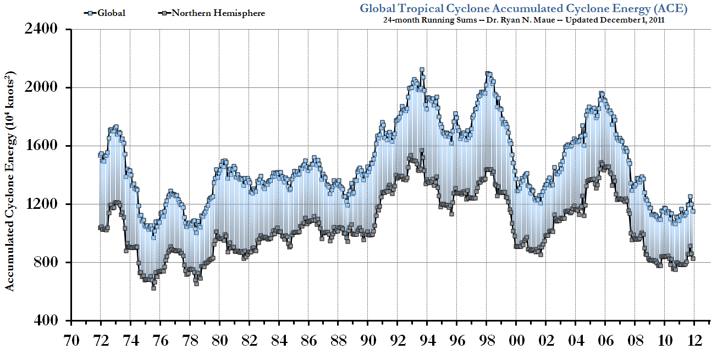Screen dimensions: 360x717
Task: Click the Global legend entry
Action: click(110, 13)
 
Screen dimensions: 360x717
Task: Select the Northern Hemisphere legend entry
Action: click(218, 13)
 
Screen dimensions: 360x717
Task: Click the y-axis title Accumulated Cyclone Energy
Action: click(10, 181)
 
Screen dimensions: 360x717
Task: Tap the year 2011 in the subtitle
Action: click(654, 20)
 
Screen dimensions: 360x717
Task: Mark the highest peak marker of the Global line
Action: click(422, 70)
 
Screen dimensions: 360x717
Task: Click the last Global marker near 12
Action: click(693, 211)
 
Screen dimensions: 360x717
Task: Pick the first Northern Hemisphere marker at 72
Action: click(100, 228)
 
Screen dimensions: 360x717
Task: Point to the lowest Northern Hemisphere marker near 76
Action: click(153, 288)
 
